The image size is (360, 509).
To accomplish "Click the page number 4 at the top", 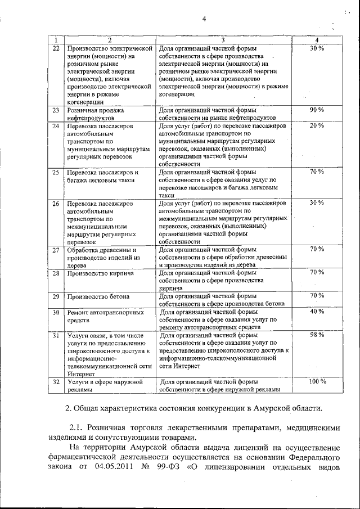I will (205, 20).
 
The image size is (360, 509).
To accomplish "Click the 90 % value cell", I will (317, 110).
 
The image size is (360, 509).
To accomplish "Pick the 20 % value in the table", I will (317, 125).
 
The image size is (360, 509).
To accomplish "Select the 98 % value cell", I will (317, 335).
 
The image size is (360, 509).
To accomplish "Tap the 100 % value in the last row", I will (317, 382).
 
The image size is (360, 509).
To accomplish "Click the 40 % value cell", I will (317, 311).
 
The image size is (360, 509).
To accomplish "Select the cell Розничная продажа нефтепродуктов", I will (96, 114).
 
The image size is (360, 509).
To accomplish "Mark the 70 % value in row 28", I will (317, 272).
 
